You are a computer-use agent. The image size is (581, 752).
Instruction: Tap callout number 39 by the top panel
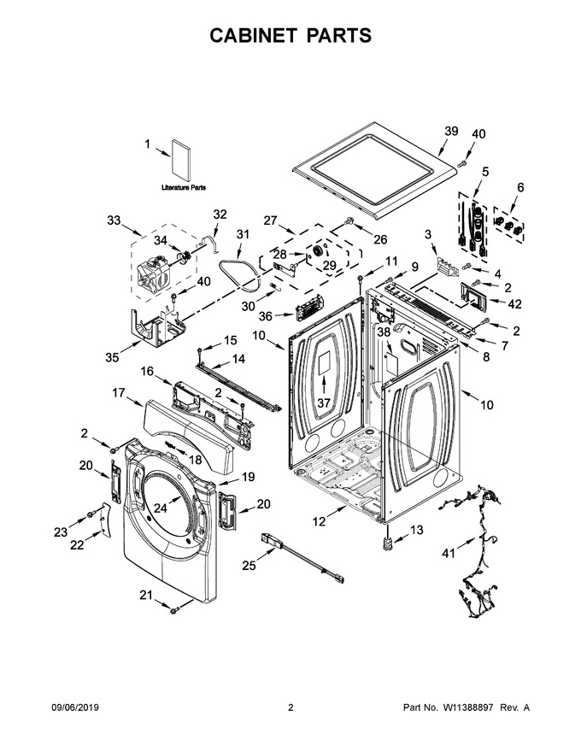(451, 131)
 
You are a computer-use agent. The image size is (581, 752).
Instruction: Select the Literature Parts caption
(184, 187)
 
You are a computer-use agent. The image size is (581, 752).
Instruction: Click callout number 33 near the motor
(114, 220)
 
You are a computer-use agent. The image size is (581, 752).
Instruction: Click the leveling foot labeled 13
(386, 543)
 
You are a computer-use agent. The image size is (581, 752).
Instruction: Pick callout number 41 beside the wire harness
(449, 554)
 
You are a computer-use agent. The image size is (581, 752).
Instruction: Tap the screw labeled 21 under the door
(174, 609)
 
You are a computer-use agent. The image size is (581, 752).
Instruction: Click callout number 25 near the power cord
(249, 566)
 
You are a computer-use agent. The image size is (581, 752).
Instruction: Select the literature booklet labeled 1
(181, 160)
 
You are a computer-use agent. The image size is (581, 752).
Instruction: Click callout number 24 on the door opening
(160, 508)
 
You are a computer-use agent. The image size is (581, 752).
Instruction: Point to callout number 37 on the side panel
(324, 402)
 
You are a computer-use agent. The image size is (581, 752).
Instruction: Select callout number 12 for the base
(320, 520)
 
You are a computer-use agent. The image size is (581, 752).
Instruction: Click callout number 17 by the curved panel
(119, 393)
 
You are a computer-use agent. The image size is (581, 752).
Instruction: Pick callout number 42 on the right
(515, 304)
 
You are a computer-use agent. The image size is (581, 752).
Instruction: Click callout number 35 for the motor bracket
(112, 357)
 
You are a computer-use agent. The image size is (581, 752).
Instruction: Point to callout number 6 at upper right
(520, 187)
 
